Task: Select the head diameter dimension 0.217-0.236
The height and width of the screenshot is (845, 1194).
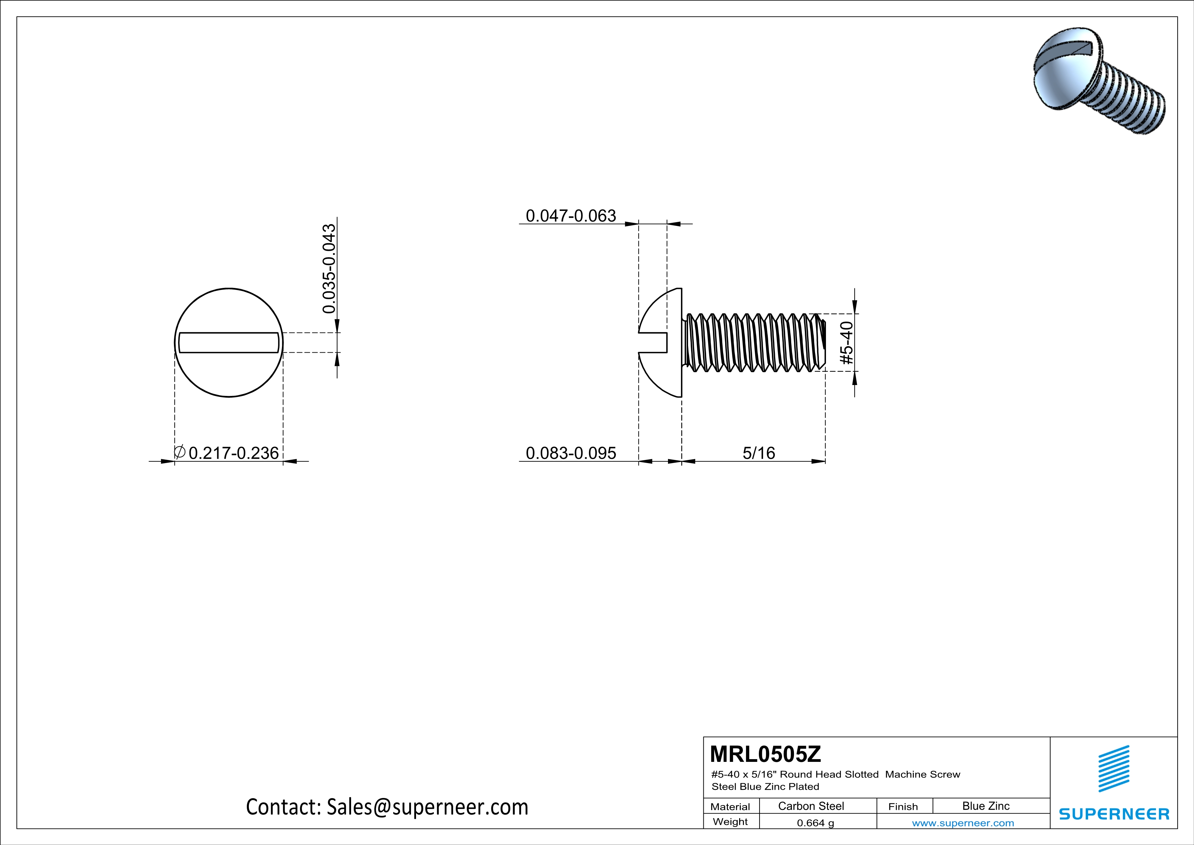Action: pyautogui.click(x=234, y=453)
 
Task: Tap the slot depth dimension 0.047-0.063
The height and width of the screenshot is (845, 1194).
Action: pyautogui.click(x=571, y=215)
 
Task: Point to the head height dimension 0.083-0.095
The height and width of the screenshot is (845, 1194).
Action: pyautogui.click(x=571, y=453)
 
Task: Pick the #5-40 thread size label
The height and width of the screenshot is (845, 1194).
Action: pyautogui.click(x=847, y=342)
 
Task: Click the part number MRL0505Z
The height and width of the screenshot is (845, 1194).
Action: pyautogui.click(x=765, y=754)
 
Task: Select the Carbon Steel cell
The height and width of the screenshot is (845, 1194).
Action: pyautogui.click(x=810, y=806)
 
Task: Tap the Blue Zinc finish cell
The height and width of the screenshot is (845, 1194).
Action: pyautogui.click(x=985, y=806)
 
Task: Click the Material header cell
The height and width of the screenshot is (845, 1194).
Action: pyautogui.click(x=730, y=806)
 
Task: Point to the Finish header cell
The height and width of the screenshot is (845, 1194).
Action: pyautogui.click(x=903, y=806)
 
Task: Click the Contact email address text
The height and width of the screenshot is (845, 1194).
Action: pyautogui.click(x=387, y=807)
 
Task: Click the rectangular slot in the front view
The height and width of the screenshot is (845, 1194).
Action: pyautogui.click(x=229, y=342)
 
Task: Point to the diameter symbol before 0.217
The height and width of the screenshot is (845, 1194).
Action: pyautogui.click(x=179, y=452)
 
